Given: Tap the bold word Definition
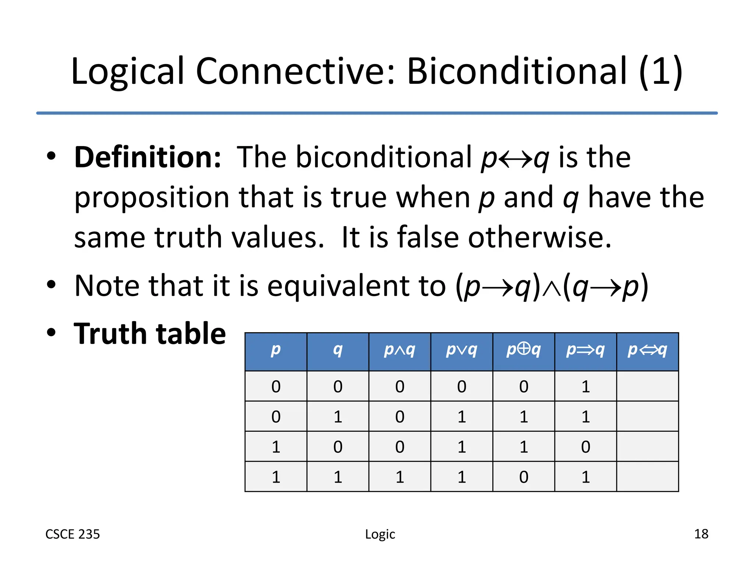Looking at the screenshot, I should (148, 157).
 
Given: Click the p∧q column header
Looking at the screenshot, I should (399, 350).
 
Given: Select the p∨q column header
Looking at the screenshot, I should (461, 350).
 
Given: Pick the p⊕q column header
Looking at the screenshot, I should (523, 350).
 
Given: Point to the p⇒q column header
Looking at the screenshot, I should (585, 350).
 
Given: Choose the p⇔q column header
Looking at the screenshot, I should (647, 350).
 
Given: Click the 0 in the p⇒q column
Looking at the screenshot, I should (585, 447).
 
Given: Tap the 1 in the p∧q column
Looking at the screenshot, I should (400, 477).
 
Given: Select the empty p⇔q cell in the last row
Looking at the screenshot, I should (647, 477).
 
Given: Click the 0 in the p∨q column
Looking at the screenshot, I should (462, 387).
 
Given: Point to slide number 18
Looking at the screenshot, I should (701, 534).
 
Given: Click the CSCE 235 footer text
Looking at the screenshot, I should (73, 534).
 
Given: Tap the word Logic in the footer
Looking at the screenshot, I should (380, 534).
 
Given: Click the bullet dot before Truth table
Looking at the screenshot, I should (51, 332).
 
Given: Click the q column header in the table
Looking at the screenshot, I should (338, 350).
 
